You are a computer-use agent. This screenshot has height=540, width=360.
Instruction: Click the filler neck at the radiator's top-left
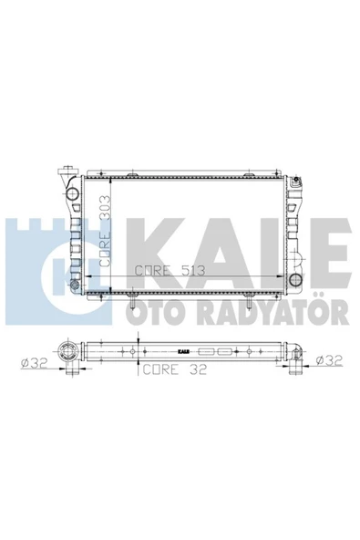[x=65, y=171]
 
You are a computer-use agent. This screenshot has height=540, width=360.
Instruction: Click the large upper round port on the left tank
[x=74, y=194]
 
